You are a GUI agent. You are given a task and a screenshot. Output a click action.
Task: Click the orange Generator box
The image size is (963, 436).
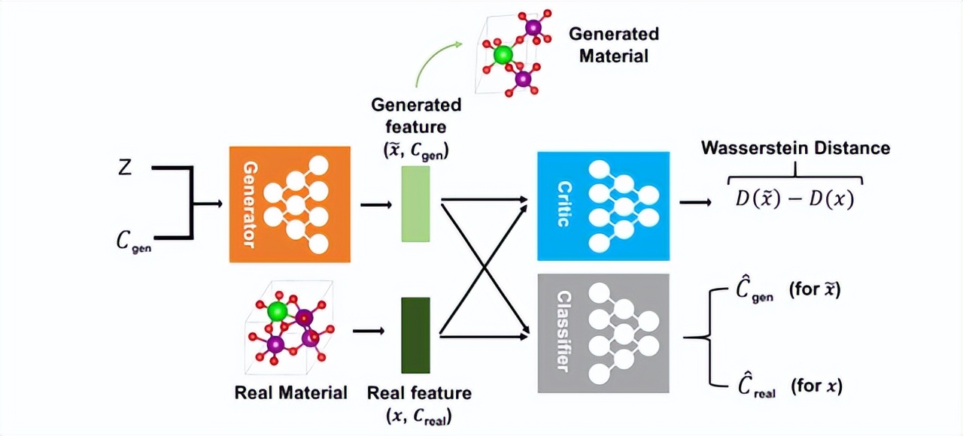[290, 204]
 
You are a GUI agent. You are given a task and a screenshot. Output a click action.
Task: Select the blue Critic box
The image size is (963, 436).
[603, 206]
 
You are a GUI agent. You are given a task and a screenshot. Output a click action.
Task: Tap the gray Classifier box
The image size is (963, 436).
[603, 333]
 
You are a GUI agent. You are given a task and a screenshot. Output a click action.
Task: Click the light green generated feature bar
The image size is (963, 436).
[416, 204]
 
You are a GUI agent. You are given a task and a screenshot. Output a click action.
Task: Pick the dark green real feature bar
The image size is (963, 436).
[416, 335]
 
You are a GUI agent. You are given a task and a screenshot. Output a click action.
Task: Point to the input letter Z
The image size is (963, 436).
[125, 167]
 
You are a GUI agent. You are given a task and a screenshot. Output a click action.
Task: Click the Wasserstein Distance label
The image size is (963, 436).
[795, 148]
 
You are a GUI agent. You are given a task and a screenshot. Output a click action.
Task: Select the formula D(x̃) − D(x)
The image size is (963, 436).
[794, 199]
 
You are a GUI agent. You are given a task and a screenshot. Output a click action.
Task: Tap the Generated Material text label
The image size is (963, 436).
[614, 44]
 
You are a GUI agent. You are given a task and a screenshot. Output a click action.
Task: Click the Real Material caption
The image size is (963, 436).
[290, 392]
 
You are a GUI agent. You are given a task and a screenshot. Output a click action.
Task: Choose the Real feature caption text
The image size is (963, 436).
[419, 404]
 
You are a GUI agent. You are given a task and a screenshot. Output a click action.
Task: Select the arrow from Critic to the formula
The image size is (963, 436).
[695, 202]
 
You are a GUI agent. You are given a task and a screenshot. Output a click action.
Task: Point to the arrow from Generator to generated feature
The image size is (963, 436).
[376, 205]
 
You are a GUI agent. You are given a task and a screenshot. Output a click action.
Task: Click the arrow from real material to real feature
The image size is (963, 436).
[369, 331]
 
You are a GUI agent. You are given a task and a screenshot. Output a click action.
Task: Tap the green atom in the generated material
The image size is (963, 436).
[503, 55]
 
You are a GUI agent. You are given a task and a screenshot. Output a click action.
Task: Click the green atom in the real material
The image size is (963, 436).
[278, 311]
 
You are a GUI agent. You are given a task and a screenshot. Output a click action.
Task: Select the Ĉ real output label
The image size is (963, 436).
[757, 386]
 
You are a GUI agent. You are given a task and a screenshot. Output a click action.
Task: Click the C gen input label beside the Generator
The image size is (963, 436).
[134, 241]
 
